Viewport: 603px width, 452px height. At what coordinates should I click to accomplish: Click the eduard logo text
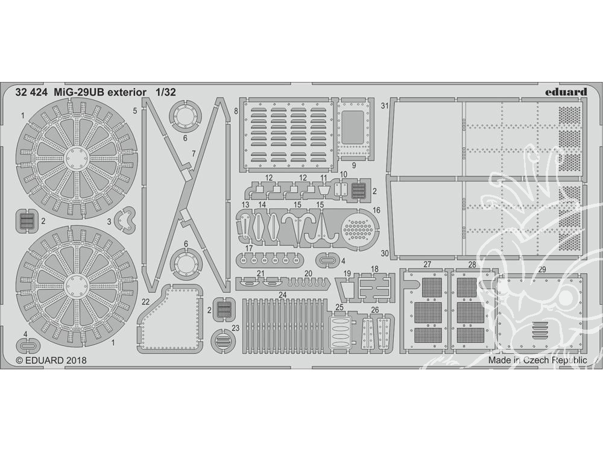[x=566, y=92]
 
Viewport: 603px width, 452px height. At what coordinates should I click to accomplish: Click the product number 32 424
[x=31, y=92]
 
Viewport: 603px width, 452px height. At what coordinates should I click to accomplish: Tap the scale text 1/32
[x=166, y=92]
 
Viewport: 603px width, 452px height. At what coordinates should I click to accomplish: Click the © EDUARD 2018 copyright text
[x=51, y=360]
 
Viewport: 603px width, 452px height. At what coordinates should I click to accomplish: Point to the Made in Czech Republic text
[x=538, y=360]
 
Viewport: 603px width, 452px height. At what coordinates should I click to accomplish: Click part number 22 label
[x=145, y=302]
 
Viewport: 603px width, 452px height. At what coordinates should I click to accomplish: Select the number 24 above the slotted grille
[x=283, y=295]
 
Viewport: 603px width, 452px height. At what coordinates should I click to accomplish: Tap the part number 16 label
[x=376, y=210]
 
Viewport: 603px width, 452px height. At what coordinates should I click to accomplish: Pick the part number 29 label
[x=542, y=270]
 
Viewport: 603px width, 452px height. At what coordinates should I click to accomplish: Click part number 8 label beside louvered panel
[x=236, y=111]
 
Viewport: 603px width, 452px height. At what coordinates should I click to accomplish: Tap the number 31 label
[x=385, y=105]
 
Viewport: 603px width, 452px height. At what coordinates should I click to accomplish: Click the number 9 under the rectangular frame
[x=354, y=166]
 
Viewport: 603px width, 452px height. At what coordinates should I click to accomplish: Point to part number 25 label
[x=339, y=307]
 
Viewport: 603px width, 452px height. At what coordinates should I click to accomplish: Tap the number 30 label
[x=385, y=253]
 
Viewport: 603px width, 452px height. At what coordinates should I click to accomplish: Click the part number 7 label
[x=194, y=154]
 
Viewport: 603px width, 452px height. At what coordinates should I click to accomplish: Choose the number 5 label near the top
[x=134, y=111]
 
